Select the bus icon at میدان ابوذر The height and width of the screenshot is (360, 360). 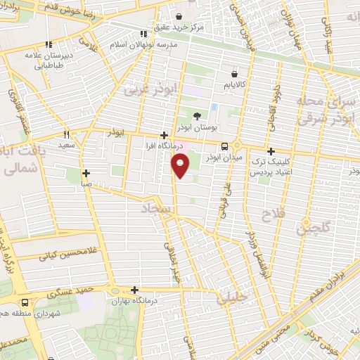click(224, 146)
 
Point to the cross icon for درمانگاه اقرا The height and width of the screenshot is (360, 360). click(164, 136)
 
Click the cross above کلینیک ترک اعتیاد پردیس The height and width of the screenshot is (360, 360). click(271, 151)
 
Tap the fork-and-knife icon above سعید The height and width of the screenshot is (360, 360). click(67, 134)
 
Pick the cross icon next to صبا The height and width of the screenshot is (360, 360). click(86, 173)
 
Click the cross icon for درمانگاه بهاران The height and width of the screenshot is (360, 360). click(134, 290)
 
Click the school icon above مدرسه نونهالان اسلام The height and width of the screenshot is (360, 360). click(144, 33)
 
